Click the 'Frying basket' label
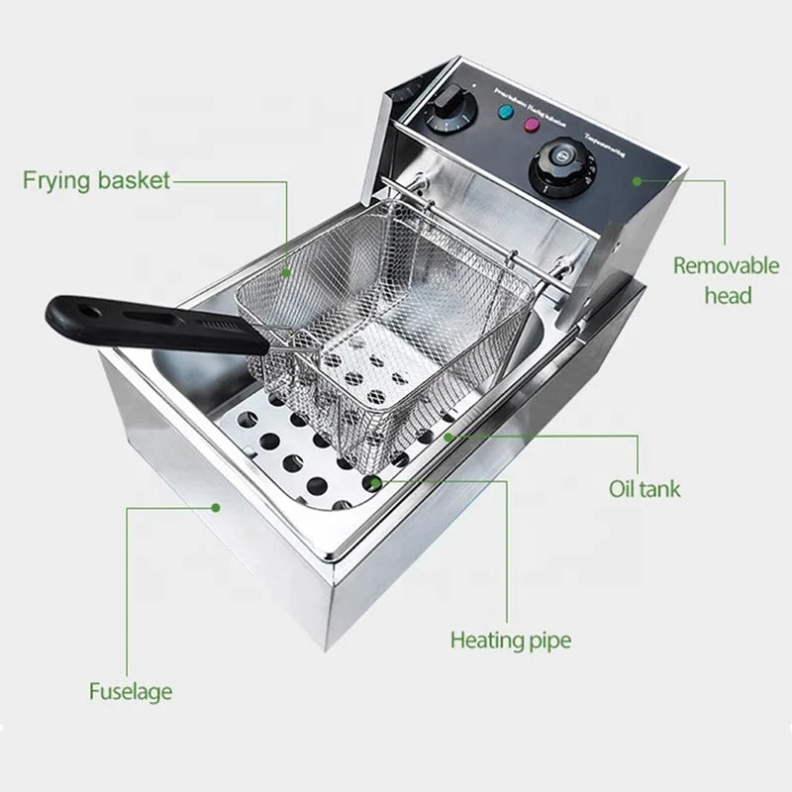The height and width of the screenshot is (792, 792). point(96,180)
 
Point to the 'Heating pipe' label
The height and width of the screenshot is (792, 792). point(511,640)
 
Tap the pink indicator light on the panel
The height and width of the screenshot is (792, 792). point(531,125)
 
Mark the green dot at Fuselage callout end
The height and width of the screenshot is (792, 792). point(217,507)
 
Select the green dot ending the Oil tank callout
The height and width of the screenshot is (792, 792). point(448,435)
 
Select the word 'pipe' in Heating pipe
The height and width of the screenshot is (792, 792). point(547,641)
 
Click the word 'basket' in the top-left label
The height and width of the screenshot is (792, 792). point(133,180)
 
